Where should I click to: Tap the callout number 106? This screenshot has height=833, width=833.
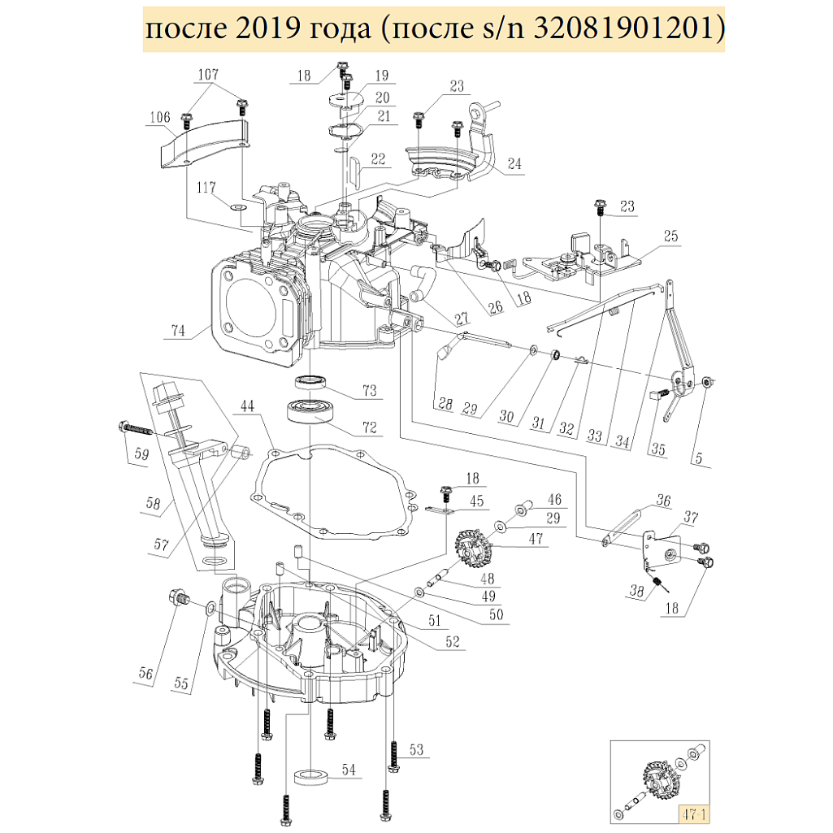point(159,118)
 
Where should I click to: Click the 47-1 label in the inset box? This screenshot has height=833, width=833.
point(693,812)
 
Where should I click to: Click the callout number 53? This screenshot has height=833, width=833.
point(417,749)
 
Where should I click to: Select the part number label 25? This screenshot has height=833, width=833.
point(670,236)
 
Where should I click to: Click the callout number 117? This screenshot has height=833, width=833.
point(204,189)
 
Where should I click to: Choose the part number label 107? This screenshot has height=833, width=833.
point(208,75)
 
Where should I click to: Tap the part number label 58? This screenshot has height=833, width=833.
point(154,504)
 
